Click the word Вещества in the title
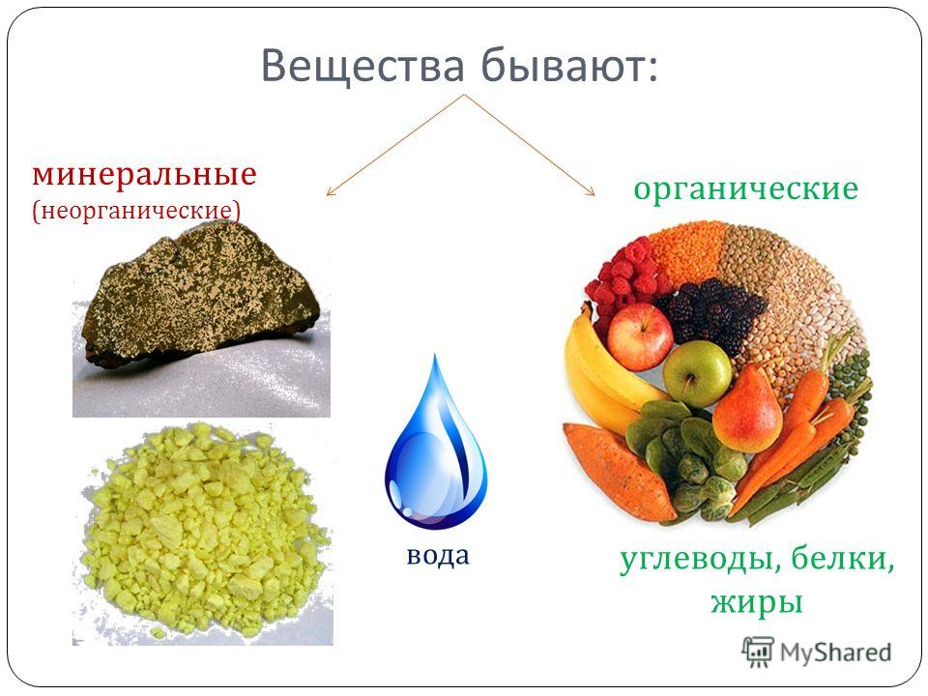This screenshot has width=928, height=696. (x=362, y=67)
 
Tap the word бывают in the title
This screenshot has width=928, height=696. (x=568, y=65)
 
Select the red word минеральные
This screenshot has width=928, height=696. (x=144, y=175)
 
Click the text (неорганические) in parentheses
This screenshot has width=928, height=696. (x=136, y=211)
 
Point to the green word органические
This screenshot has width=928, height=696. (x=745, y=189)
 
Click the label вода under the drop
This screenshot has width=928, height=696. (x=438, y=555)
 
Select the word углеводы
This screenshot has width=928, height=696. (x=702, y=560)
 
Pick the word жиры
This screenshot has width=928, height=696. (x=757, y=602)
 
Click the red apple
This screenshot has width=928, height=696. (x=640, y=336)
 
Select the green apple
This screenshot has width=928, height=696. (x=697, y=373)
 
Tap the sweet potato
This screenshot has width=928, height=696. (x=619, y=471)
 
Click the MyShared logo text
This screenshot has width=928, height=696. (x=835, y=652)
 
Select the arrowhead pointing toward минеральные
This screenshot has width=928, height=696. (x=331, y=191)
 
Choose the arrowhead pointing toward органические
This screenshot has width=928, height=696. (x=590, y=190)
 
